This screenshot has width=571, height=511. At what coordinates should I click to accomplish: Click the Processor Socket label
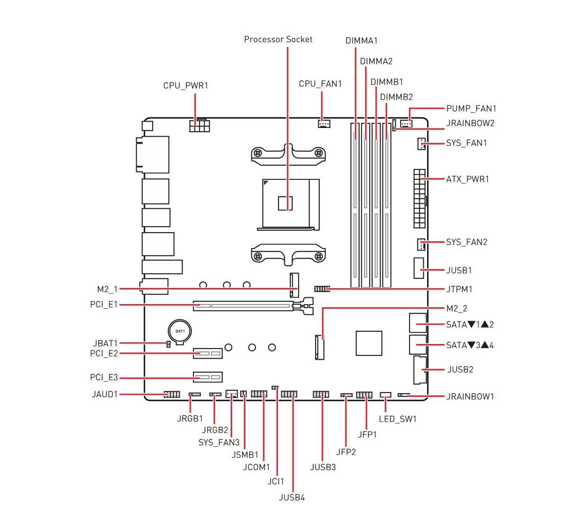278,39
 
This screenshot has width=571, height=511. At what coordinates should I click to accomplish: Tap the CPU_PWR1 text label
185,85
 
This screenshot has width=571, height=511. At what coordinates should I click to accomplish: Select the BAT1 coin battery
180,332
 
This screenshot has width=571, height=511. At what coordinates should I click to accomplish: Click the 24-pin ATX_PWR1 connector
419,199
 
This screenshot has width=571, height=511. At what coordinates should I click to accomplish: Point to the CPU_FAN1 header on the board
324,123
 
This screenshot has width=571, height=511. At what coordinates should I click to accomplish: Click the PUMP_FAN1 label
471,109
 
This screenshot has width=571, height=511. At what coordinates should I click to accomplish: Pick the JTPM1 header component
322,289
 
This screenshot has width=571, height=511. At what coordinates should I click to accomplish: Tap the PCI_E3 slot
208,377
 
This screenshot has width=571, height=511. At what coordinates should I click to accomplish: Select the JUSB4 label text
292,498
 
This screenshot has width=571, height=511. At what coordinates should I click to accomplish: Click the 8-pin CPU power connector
200,126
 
